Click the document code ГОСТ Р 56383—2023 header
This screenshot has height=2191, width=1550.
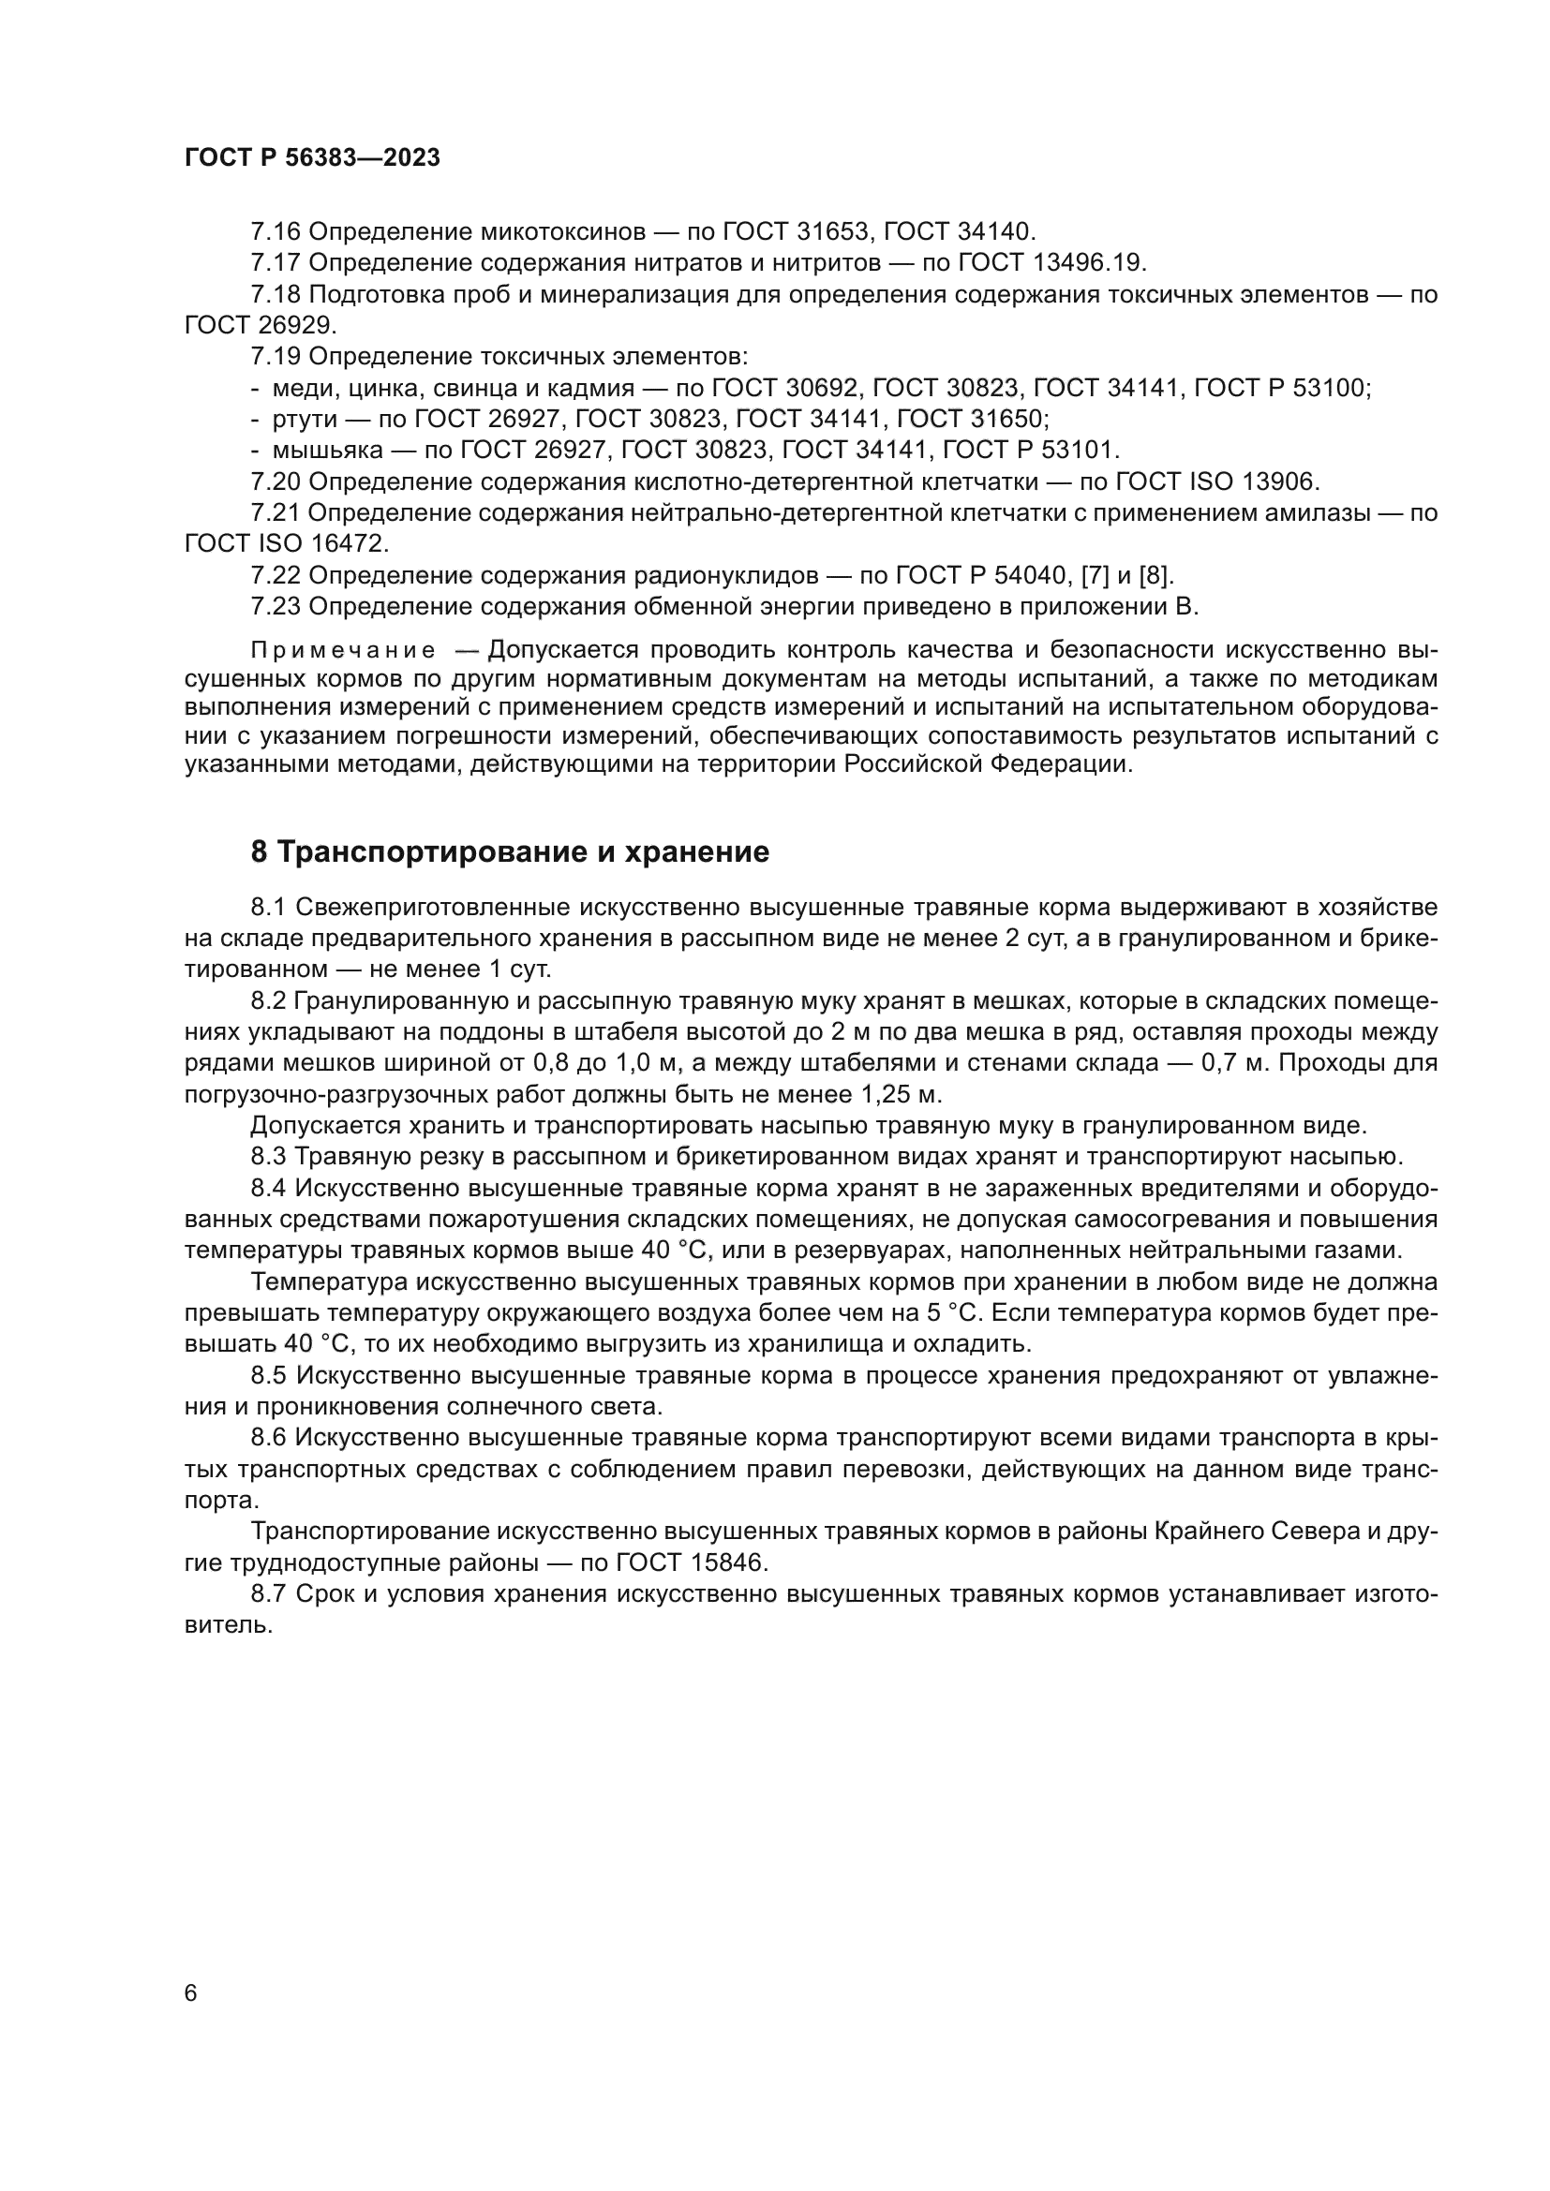point(312,158)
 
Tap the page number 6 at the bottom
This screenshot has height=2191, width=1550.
point(191,1993)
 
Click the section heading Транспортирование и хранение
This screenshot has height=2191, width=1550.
point(510,852)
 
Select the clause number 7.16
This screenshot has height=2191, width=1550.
point(275,232)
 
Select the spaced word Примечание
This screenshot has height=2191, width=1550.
point(343,651)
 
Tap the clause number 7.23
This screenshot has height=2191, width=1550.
point(275,607)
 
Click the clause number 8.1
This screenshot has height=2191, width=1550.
point(268,907)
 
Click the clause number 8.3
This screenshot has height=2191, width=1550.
point(268,1157)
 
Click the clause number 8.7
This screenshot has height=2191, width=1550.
point(268,1593)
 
